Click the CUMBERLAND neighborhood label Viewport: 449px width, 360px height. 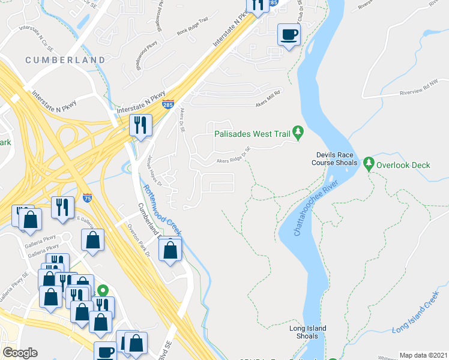[65, 60]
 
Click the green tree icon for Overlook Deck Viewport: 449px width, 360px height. [369, 163]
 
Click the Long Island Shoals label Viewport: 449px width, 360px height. [307, 332]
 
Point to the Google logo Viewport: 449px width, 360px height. [20, 353]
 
